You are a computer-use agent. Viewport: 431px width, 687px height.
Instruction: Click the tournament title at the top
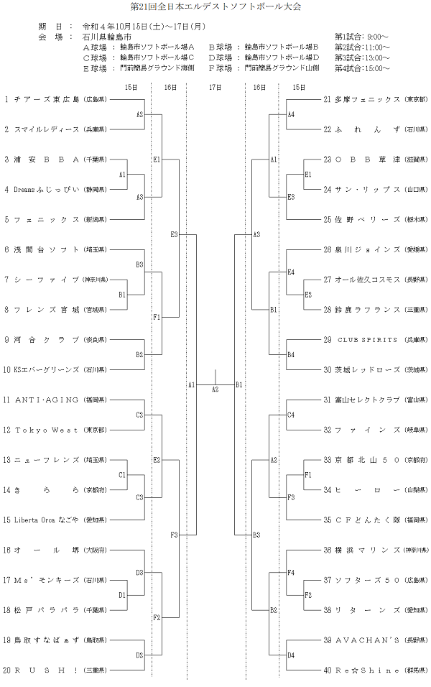click(x=215, y=6)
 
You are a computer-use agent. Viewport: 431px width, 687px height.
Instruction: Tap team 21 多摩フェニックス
click(x=366, y=98)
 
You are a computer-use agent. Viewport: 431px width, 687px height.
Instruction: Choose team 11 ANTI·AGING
click(x=47, y=400)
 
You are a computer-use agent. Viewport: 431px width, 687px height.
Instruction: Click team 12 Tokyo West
click(x=47, y=430)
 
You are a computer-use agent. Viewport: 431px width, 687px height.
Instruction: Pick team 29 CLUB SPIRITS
click(x=366, y=339)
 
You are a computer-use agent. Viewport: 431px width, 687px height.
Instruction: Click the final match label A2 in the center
click(x=215, y=389)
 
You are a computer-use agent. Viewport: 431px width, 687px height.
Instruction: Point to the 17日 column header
click(x=215, y=87)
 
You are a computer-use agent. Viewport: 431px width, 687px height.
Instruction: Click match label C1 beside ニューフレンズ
click(x=122, y=475)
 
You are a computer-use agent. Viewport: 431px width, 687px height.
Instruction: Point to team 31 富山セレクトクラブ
click(x=366, y=400)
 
